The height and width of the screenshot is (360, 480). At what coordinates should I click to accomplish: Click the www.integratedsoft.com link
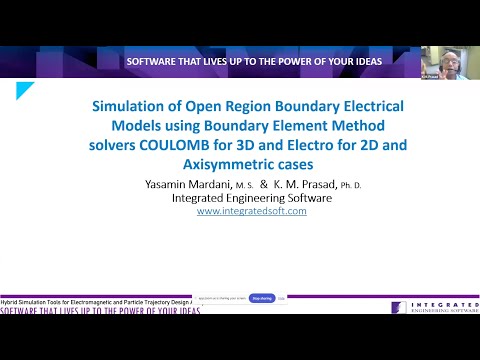(x=251, y=211)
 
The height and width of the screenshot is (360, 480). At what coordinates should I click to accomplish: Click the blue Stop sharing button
(x=262, y=298)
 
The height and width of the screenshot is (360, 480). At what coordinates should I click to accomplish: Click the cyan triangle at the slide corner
(x=24, y=91)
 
